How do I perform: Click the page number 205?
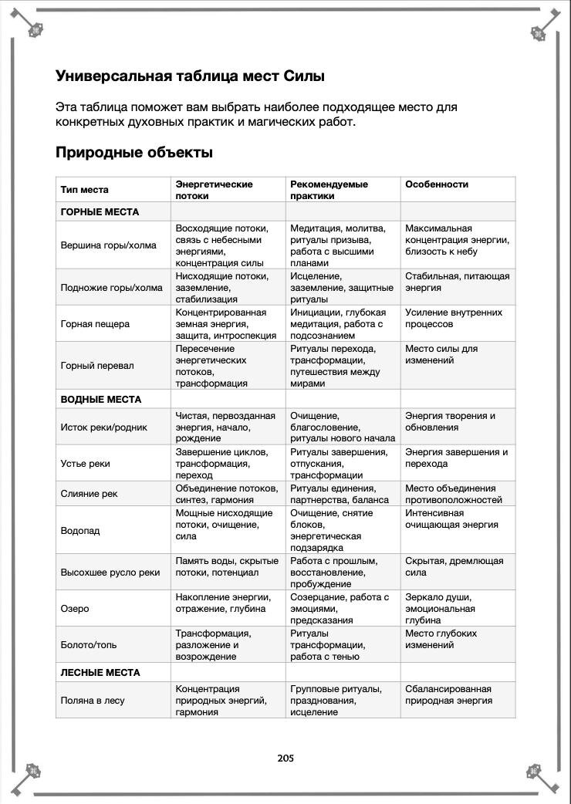click(x=285, y=758)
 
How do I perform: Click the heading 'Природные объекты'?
click(x=133, y=153)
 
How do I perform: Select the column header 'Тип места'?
click(x=85, y=190)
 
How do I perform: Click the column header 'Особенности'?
click(x=437, y=184)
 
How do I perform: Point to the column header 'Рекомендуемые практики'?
click(x=329, y=190)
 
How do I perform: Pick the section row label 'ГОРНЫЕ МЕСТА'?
click(x=100, y=211)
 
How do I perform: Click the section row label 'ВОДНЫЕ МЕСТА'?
click(x=101, y=400)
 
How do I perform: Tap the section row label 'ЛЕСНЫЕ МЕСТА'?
click(x=100, y=673)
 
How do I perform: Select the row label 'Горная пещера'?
click(x=95, y=324)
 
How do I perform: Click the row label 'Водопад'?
click(x=80, y=531)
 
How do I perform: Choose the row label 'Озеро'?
click(x=75, y=609)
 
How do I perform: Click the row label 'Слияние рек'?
click(x=90, y=494)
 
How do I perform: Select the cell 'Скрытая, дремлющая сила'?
click(x=454, y=566)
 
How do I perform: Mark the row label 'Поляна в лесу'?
click(x=93, y=701)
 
